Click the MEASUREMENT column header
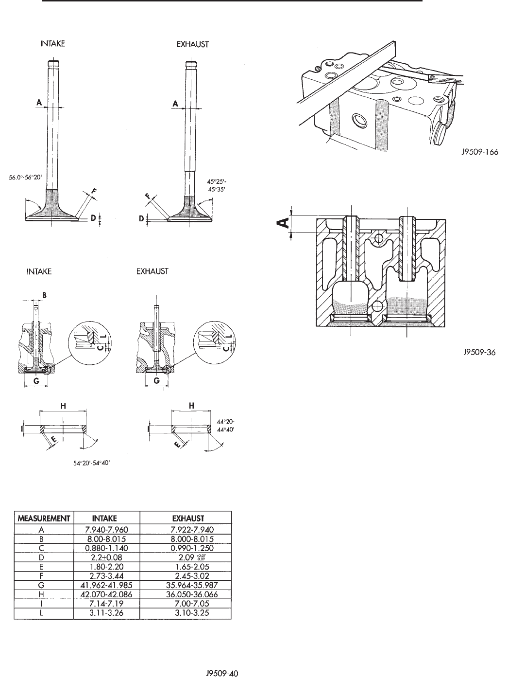[x=44, y=518]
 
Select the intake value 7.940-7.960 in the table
[x=106, y=529]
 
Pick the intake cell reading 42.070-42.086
[x=106, y=594]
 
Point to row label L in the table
[x=44, y=613]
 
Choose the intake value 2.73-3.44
[x=106, y=576]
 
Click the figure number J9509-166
[x=480, y=152]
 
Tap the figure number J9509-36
[x=479, y=353]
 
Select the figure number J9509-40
[x=221, y=674]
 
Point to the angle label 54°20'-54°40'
[x=94, y=463]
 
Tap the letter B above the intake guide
[x=44, y=294]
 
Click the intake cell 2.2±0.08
[x=106, y=557]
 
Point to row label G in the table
[x=44, y=585]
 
